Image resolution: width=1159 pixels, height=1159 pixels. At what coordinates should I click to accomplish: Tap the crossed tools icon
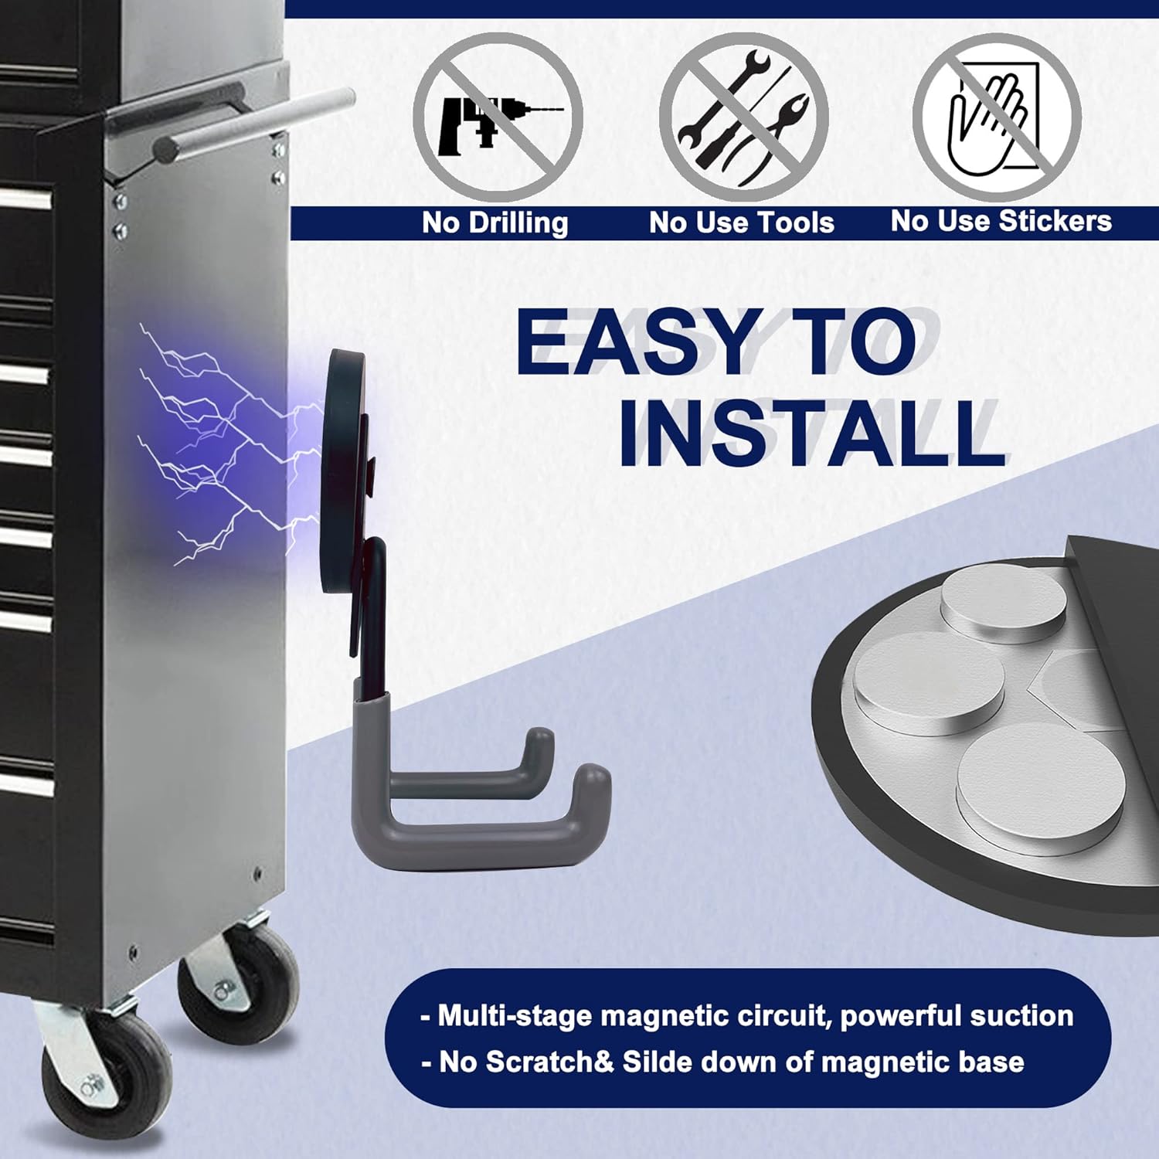(x=743, y=117)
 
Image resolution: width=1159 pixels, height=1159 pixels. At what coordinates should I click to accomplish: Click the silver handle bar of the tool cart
(x=255, y=124)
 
